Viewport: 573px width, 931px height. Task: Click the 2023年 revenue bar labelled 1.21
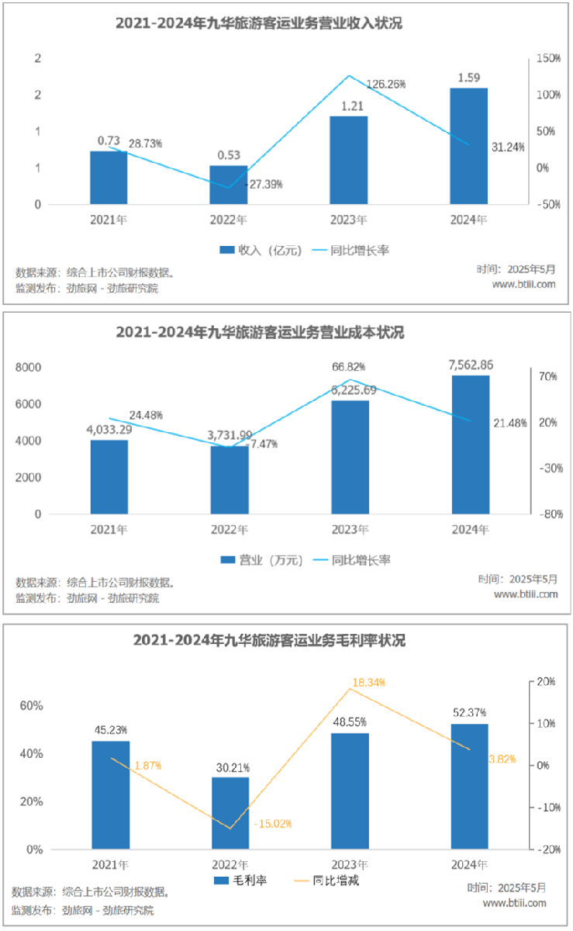pos(348,161)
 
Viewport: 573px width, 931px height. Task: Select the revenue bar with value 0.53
pos(228,185)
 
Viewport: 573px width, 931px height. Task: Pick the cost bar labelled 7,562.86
pos(471,445)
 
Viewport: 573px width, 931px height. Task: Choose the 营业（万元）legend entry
pos(255,559)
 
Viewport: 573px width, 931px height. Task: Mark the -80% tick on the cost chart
pos(548,514)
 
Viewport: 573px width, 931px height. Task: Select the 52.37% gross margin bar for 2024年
pos(470,787)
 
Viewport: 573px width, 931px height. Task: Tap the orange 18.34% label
pos(368,682)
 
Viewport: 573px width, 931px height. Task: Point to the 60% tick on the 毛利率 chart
pos(32,706)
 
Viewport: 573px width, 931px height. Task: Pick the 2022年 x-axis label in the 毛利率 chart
pos(230,864)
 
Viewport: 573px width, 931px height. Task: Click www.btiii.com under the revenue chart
pos(524,284)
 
